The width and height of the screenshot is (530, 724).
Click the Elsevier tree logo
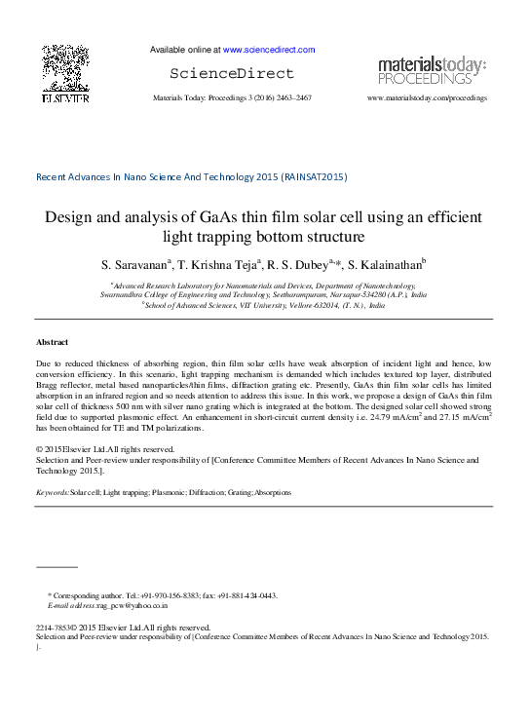[65, 73]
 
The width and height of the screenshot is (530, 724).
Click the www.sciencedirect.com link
[269, 50]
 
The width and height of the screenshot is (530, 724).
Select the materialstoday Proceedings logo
[432, 70]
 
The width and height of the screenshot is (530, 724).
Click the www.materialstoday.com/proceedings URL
[427, 98]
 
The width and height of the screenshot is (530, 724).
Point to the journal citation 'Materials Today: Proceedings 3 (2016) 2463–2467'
[233, 98]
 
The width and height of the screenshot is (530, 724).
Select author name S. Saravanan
[134, 264]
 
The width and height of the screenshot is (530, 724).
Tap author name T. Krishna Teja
[217, 264]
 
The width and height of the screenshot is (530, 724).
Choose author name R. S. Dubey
[300, 264]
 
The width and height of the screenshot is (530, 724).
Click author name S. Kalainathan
[384, 264]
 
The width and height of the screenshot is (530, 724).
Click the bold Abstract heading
[52, 343]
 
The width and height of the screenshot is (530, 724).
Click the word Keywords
[52, 493]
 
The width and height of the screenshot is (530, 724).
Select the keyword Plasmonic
[172, 493]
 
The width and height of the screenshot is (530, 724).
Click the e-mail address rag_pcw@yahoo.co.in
[132, 605]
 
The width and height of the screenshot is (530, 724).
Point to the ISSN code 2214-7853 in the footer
[54, 629]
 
